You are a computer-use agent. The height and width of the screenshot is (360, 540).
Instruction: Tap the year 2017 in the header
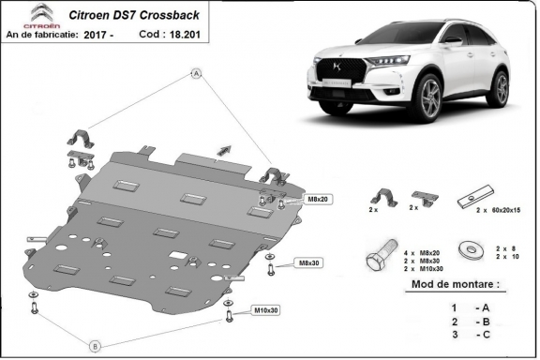point(119,34)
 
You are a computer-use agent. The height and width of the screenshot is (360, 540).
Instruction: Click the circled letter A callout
point(197,72)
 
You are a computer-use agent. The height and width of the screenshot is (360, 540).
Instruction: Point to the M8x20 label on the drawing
point(292,200)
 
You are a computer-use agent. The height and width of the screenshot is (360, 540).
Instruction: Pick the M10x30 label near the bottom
point(265,309)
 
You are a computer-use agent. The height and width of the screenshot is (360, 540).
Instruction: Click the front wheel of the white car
point(430,97)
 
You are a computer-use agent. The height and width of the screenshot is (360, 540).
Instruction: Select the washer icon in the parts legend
point(465,250)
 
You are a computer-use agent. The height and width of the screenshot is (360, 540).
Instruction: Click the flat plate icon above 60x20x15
point(472,199)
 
